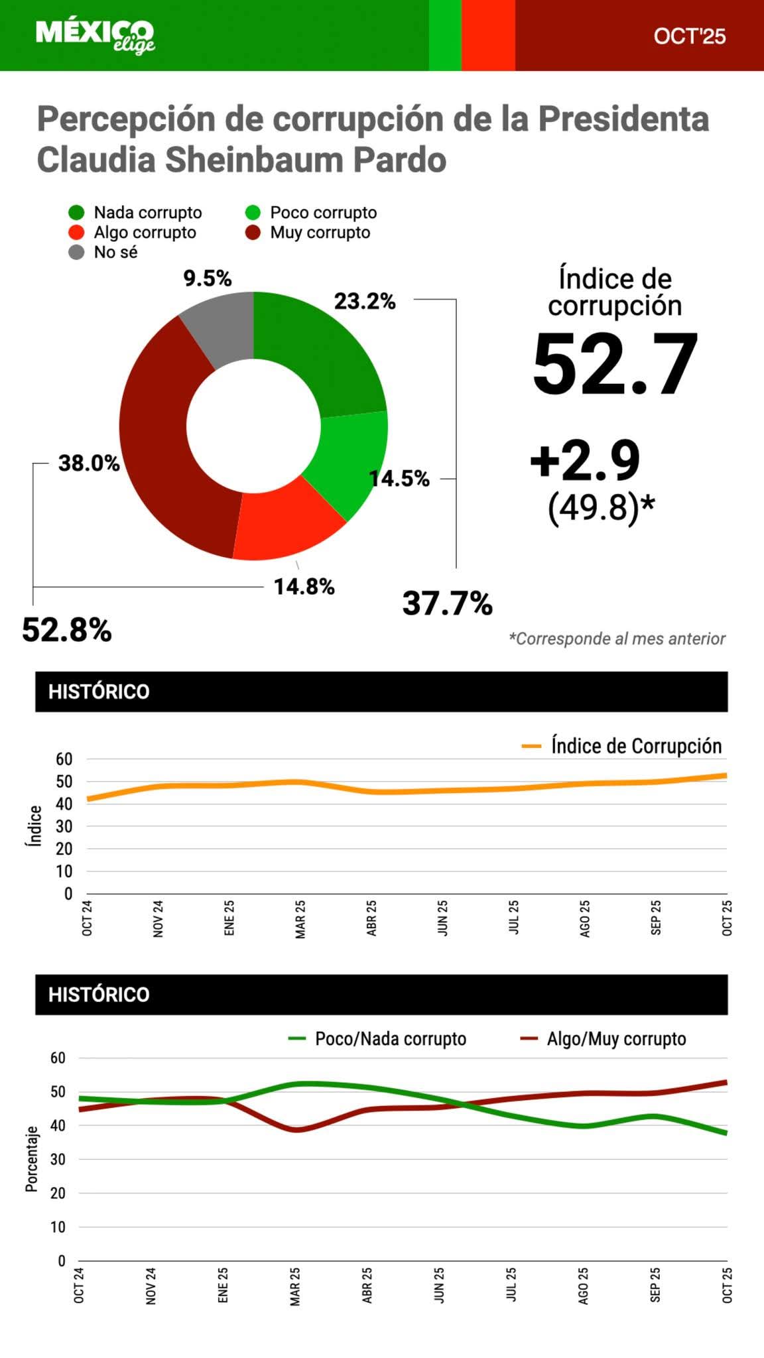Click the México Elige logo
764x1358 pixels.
coord(95,36)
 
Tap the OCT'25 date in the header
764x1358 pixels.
coord(689,36)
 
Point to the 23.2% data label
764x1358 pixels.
coord(365,301)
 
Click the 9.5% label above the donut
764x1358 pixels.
coord(208,278)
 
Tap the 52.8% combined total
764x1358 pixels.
coord(67,629)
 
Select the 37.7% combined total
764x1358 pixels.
coord(447,603)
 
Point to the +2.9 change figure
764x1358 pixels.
coord(585,460)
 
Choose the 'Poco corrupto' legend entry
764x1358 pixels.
coord(311,213)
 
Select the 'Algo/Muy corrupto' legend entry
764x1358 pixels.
coord(604,1039)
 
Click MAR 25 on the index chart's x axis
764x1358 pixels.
coord(300,919)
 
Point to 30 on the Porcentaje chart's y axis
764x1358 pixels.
coord(58,1160)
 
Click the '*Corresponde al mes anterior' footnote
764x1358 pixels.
coord(617,639)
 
